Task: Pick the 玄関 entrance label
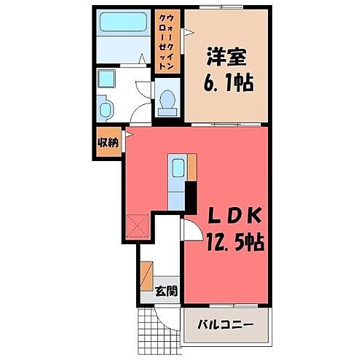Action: click(166, 291)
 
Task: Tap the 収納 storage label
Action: click(108, 142)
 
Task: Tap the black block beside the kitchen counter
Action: click(191, 195)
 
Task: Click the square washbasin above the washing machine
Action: click(108, 79)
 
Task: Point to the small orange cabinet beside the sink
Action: click(192, 165)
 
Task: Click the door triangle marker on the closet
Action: click(187, 32)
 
